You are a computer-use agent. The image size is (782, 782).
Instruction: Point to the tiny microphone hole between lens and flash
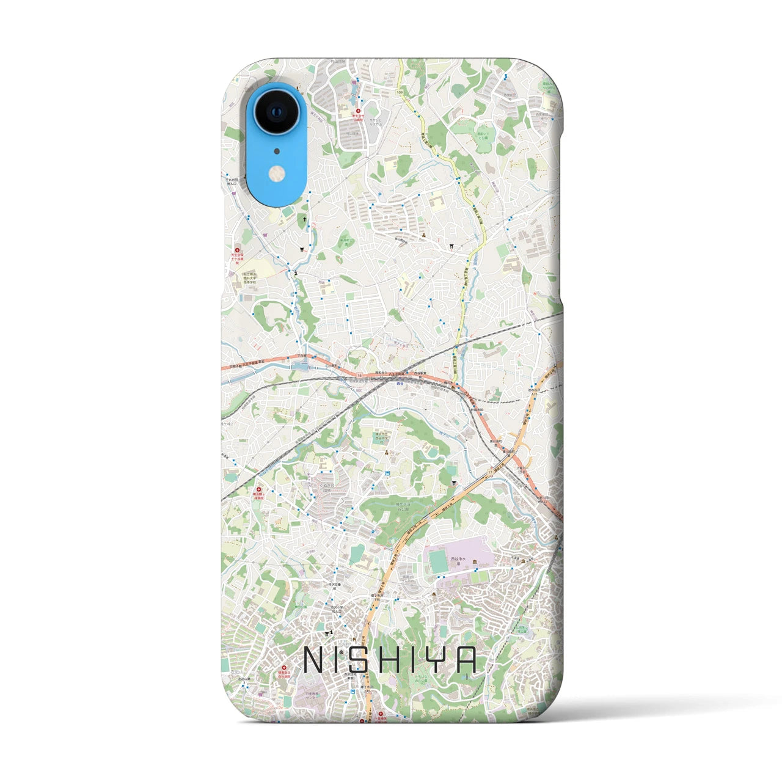point(276,151)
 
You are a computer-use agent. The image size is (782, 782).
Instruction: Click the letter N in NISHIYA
point(315,660)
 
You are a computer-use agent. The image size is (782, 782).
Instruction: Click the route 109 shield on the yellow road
point(400,92)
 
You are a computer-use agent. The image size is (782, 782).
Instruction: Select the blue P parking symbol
point(380,195)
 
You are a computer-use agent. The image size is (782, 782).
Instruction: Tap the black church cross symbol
point(304,218)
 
